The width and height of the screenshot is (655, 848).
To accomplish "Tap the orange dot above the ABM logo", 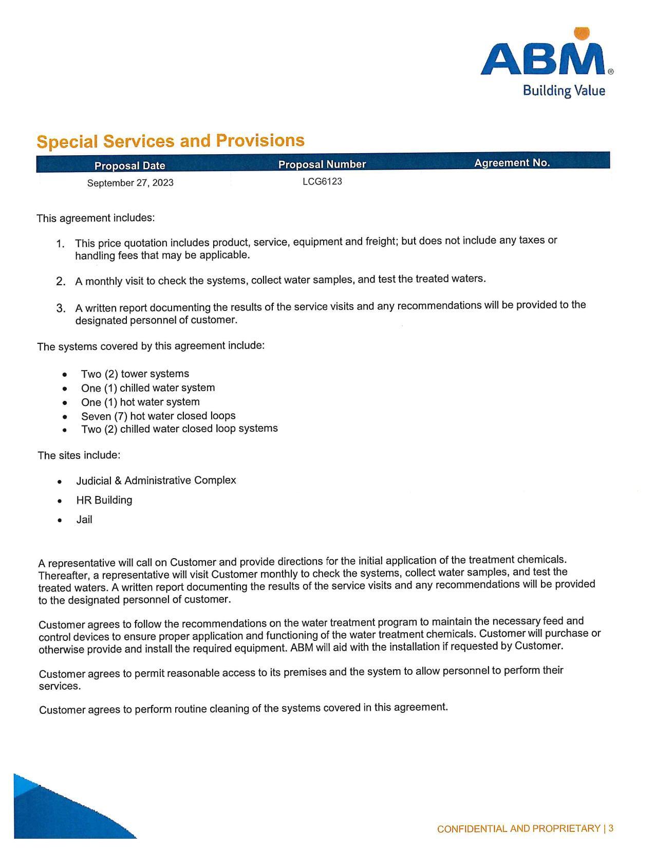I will [x=581, y=33].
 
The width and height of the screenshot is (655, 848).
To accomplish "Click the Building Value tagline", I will [x=564, y=91].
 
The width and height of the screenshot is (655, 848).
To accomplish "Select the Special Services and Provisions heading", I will [x=171, y=141].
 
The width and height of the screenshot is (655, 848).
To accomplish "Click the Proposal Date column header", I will [x=129, y=165].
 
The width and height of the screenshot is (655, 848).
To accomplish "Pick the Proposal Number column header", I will [x=322, y=164].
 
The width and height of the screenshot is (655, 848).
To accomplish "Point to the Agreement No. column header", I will [x=512, y=163].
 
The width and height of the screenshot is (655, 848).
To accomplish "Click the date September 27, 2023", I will [x=130, y=183].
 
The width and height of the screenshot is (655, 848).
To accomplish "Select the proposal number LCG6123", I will [x=322, y=181].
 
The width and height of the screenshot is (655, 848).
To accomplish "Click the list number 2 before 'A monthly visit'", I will [x=61, y=281].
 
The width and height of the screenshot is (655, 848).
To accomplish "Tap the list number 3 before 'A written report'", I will [x=61, y=308].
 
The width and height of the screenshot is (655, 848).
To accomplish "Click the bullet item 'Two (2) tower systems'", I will [x=135, y=374].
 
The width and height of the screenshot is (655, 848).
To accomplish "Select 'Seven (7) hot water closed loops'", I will [x=158, y=416].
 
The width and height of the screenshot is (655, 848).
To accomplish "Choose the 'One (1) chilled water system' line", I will [x=148, y=388].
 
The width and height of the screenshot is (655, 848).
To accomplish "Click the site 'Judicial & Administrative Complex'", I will [x=156, y=481].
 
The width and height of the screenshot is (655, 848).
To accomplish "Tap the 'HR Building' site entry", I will [x=104, y=500].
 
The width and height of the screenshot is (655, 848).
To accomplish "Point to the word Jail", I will [x=84, y=520].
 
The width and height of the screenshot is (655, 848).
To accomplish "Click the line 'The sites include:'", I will [x=79, y=455].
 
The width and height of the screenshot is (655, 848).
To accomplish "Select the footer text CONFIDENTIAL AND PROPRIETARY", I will [x=518, y=828].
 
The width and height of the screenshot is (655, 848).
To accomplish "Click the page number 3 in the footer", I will [x=611, y=828].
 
